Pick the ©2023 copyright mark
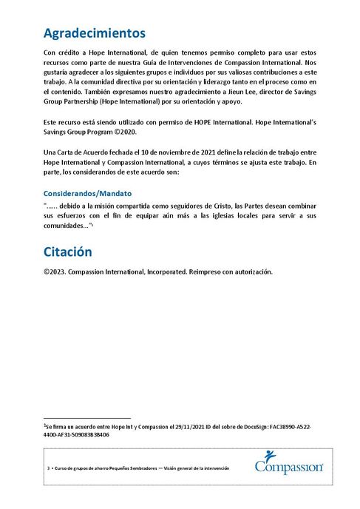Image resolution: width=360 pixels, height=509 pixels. (x=56, y=271)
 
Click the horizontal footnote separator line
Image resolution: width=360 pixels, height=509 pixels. (x=86, y=418)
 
